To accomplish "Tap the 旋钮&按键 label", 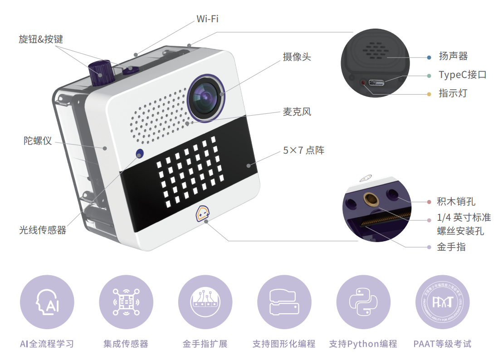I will coord(41,39).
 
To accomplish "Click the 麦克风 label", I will coord(297,112).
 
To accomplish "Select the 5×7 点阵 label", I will coord(303,151).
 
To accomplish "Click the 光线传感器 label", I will coord(43,230).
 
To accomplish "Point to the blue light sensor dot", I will coord(140,153).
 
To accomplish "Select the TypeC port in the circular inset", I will coord(376,83).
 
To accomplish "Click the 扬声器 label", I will coord(453,56).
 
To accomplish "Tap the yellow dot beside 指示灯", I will coord(429,94).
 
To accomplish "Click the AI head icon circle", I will coord(47,302).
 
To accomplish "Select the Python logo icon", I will coord(363,302).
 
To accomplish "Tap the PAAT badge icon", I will coord(442,302).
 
